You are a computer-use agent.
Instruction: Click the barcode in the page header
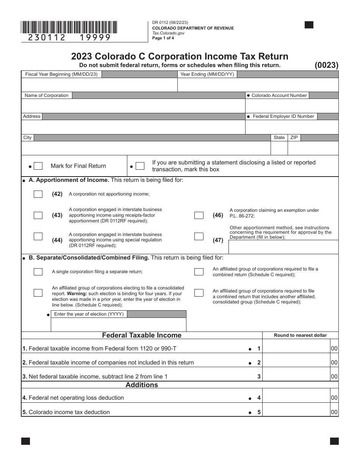[69, 27]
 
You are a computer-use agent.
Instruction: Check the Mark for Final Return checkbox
[38, 166]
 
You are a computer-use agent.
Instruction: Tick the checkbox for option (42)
[38, 194]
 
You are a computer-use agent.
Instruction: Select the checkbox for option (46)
[199, 215]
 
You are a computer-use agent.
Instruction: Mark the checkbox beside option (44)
[38, 236]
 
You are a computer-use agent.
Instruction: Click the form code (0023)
[326, 65]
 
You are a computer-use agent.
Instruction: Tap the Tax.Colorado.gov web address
[168, 33]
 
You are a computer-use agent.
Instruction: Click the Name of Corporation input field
[133, 106]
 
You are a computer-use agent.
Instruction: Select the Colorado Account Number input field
[292, 106]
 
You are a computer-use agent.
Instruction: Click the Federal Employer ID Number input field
[292, 127]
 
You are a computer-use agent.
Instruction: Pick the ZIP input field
[313, 148]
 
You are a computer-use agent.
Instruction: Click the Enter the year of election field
[119, 325]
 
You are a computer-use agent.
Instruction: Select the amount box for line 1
[296, 349]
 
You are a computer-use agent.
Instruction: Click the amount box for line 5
[296, 412]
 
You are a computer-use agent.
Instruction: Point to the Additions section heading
[142, 385]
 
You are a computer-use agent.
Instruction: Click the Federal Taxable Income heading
[142, 335]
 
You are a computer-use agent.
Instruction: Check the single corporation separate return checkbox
[38, 272]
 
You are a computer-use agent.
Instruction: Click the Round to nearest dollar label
[300, 335]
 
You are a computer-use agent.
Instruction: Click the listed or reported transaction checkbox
[140, 166]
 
